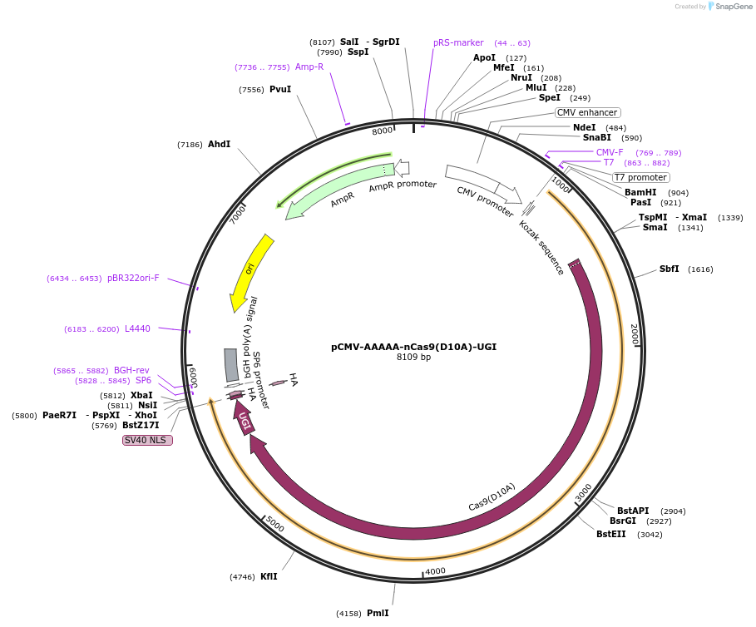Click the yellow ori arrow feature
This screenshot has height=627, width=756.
(x=251, y=269)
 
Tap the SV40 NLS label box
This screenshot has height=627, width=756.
(x=147, y=440)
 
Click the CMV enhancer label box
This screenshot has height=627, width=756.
(x=587, y=112)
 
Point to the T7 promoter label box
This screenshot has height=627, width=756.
(x=640, y=177)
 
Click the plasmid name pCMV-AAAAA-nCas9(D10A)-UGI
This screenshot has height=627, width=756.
(x=413, y=347)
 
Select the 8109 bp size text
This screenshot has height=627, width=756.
(x=413, y=358)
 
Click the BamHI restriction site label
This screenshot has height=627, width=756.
(x=640, y=192)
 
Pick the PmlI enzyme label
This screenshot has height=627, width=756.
(x=378, y=613)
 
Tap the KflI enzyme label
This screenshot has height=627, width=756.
(x=269, y=576)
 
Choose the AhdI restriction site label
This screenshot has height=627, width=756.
(x=219, y=145)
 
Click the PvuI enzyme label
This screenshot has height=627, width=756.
(x=280, y=89)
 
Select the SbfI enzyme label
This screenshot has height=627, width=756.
(x=669, y=269)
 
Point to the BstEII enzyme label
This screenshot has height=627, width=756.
(x=611, y=534)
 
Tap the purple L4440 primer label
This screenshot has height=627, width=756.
(x=137, y=328)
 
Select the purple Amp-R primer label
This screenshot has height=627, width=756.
(x=309, y=67)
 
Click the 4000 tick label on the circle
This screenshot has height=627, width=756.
(x=435, y=571)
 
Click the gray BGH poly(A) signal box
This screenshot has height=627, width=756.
(x=231, y=365)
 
